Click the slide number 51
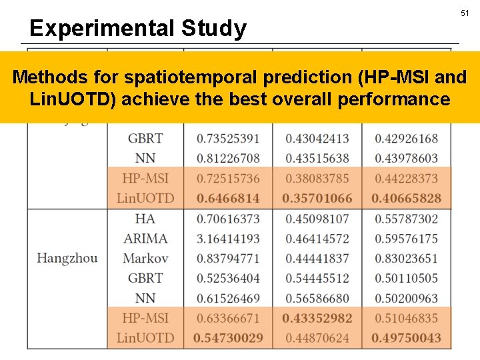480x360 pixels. click(x=465, y=13)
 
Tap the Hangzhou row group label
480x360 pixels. click(x=67, y=258)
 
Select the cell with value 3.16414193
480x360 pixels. click(x=228, y=238)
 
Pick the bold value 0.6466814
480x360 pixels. click(x=228, y=198)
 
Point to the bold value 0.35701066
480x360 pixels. click(x=317, y=198)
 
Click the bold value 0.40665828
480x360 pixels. click(x=406, y=198)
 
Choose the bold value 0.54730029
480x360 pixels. click(x=228, y=338)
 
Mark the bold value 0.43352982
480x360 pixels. click(x=317, y=318)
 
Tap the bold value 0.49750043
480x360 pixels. click(x=406, y=338)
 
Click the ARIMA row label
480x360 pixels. click(x=145, y=238)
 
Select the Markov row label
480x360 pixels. click(x=145, y=258)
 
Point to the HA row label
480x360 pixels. click(x=145, y=218)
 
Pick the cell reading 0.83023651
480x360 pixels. click(x=406, y=258)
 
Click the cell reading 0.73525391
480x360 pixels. click(x=228, y=138)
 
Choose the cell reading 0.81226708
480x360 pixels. click(x=228, y=158)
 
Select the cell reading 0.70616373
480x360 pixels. click(x=228, y=218)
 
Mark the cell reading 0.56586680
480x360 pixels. click(x=317, y=298)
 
